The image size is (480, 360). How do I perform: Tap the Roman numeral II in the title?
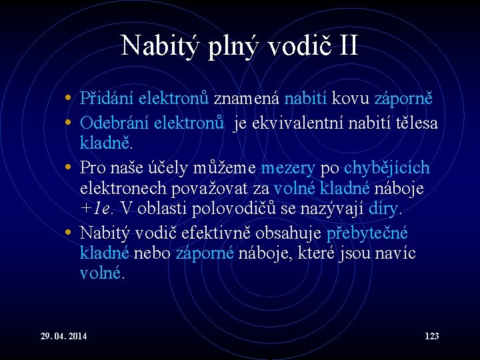pos(347,46)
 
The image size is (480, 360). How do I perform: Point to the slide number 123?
pos(431,336)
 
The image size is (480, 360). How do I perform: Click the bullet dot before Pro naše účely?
pos(69,167)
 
